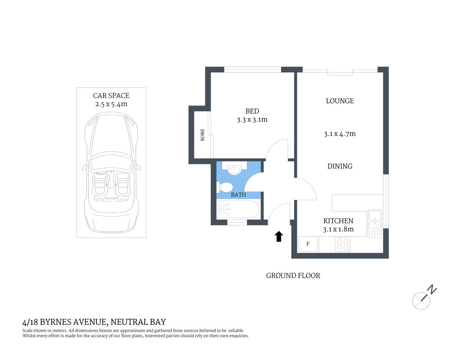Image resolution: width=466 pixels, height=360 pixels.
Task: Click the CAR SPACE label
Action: tap(111, 96)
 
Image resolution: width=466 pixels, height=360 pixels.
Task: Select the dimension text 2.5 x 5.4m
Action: tap(111, 104)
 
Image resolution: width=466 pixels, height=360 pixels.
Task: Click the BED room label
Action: tap(252, 111)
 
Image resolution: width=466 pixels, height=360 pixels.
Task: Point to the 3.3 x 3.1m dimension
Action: tap(252, 120)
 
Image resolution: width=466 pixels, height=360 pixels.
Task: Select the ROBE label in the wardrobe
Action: tap(203, 135)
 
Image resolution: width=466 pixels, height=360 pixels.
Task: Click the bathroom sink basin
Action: tap(235, 170)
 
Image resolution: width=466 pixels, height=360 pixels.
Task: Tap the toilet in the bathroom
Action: tap(225, 187)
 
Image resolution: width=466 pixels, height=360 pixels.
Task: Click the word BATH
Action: tap(239, 195)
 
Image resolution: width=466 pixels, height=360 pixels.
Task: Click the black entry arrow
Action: tap(279, 236)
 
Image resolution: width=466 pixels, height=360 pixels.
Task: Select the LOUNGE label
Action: tap(340, 101)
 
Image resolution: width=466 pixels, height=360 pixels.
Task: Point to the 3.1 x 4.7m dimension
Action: tap(340, 134)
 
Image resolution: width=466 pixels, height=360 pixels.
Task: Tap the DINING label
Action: tap(340, 166)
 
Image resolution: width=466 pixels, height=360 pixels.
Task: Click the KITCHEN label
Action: tap(338, 221)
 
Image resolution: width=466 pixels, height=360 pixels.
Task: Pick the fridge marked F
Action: tap(308, 244)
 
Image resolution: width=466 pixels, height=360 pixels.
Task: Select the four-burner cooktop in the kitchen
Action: tap(343, 244)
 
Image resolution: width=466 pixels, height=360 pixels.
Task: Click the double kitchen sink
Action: tap(374, 220)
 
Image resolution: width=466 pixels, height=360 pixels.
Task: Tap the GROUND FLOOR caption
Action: tap(293, 276)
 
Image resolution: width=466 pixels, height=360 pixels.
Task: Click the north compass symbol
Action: tap(422, 300)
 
